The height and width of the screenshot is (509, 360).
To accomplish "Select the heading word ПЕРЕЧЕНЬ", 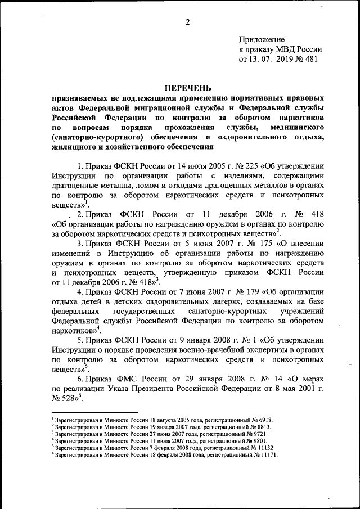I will click(187, 88).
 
